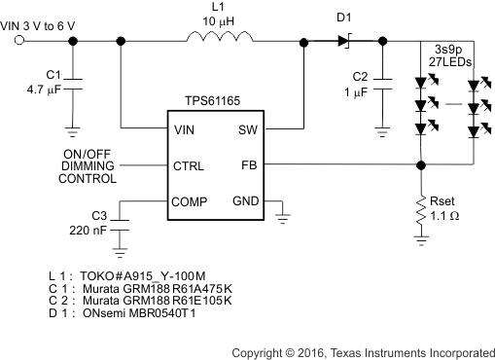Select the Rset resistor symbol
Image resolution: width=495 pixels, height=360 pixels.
tap(420, 206)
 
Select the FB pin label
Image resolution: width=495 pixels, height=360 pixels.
tap(247, 164)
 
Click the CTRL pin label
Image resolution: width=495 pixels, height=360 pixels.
tap(190, 164)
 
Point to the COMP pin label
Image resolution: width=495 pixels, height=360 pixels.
tap(192, 201)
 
